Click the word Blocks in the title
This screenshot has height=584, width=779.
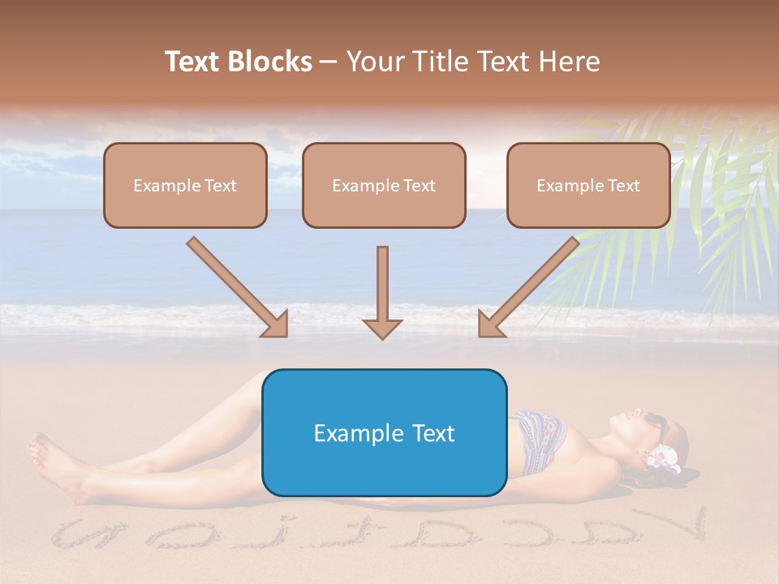click(271, 62)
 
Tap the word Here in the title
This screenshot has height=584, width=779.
click(570, 62)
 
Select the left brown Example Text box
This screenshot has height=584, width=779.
click(185, 185)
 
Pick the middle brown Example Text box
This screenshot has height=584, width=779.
click(384, 185)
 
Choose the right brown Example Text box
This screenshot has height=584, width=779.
click(588, 185)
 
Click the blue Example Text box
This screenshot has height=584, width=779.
click(384, 432)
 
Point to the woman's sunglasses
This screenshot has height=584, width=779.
click(656, 425)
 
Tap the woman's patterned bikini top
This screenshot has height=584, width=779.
click(536, 438)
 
